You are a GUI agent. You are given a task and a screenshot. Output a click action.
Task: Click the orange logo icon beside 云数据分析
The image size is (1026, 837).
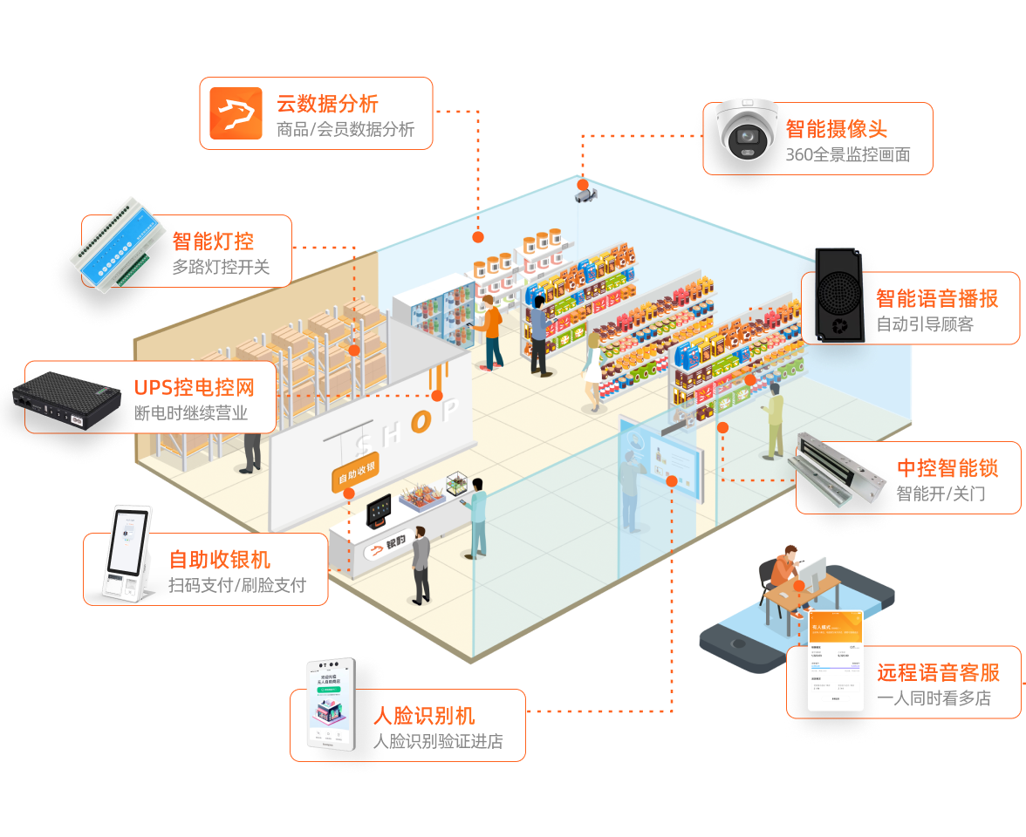(x=236, y=114)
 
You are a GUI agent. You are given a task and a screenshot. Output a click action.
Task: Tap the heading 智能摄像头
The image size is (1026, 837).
(x=836, y=129)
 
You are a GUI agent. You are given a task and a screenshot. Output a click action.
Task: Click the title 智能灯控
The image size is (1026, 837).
(x=213, y=241)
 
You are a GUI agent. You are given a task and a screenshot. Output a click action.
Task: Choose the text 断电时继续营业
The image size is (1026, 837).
(x=191, y=413)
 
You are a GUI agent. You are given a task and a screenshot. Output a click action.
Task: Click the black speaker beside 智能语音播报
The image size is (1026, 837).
(x=837, y=295)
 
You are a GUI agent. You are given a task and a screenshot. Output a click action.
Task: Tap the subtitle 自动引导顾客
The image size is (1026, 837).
(x=925, y=324)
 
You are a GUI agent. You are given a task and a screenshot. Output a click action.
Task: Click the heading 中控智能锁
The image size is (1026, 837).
(x=947, y=467)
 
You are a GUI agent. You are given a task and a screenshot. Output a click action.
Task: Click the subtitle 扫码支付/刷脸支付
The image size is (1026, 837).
(x=237, y=585)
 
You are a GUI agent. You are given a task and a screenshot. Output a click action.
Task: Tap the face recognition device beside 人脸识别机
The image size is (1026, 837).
(x=331, y=705)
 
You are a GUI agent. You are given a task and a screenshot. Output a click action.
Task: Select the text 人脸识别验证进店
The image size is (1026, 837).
(x=438, y=742)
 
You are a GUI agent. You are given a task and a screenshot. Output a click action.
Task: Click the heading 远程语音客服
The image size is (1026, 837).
(x=939, y=672)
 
